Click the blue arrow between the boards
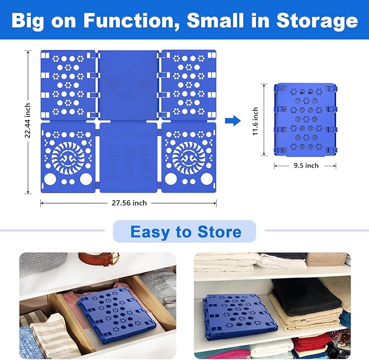coord(233,120)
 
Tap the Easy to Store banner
coord(185,232)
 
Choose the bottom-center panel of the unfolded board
coord(128,158)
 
